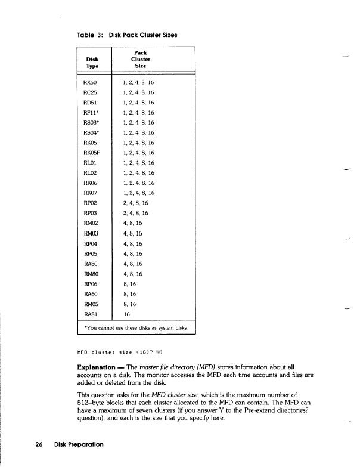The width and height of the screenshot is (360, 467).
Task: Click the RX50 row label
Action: click(x=88, y=82)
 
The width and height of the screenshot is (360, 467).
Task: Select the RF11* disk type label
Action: click(x=90, y=112)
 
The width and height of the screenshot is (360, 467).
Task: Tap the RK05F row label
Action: click(x=90, y=153)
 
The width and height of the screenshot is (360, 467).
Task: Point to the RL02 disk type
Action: click(x=88, y=173)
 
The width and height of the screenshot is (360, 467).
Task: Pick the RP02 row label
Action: click(x=88, y=203)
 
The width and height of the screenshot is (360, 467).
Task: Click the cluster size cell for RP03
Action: click(x=135, y=213)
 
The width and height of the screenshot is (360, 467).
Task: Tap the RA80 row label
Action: click(x=88, y=263)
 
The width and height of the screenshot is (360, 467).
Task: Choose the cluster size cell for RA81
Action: click(x=126, y=314)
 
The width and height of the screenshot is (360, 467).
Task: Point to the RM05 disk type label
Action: click(x=88, y=304)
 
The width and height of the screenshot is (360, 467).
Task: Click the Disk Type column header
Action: click(x=92, y=63)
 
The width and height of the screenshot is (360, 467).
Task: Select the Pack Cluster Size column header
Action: click(x=140, y=60)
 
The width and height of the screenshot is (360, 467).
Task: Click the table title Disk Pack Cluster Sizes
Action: click(x=143, y=34)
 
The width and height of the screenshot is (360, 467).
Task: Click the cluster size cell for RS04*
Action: click(x=138, y=132)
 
